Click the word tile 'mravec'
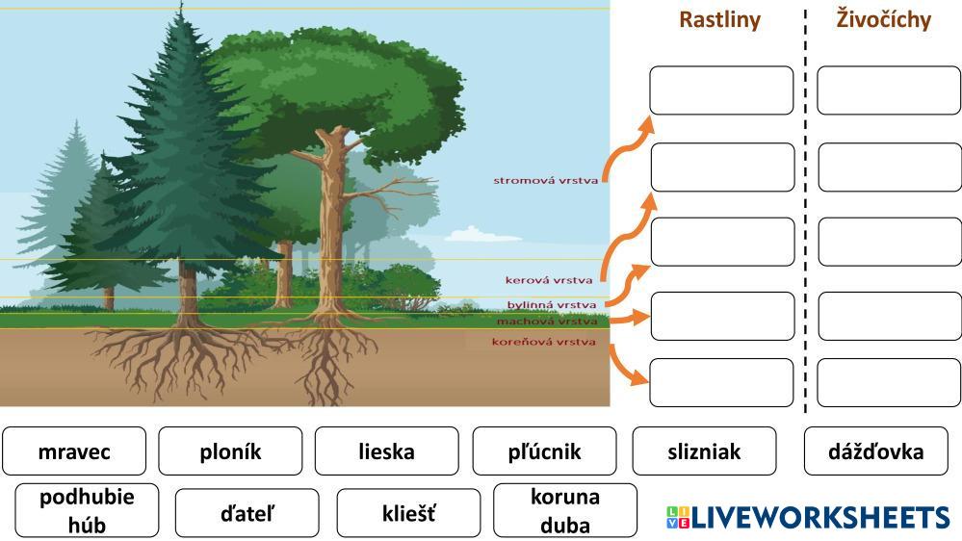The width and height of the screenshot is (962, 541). (74, 451)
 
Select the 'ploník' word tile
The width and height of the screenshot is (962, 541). (230, 451)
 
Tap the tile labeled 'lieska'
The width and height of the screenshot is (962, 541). (386, 451)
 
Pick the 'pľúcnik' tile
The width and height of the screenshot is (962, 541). (544, 451)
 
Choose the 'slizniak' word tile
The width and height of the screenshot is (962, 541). (704, 451)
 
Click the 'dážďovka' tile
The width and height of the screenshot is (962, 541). (875, 451)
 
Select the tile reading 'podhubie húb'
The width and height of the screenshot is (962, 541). (87, 511)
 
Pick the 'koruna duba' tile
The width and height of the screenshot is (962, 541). (564, 511)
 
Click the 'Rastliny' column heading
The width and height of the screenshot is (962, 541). (719, 20)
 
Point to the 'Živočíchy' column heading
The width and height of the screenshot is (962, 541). (883, 20)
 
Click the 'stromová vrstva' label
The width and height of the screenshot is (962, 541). (545, 180)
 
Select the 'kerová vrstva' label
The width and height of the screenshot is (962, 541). (549, 280)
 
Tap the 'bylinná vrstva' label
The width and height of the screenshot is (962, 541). (552, 305)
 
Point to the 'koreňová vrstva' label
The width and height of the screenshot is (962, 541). (543, 342)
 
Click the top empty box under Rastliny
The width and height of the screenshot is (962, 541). (721, 90)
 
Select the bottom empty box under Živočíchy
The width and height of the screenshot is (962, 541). (889, 383)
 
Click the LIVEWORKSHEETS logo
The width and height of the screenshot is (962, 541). (807, 517)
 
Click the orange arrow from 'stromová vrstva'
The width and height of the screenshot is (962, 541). (627, 144)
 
